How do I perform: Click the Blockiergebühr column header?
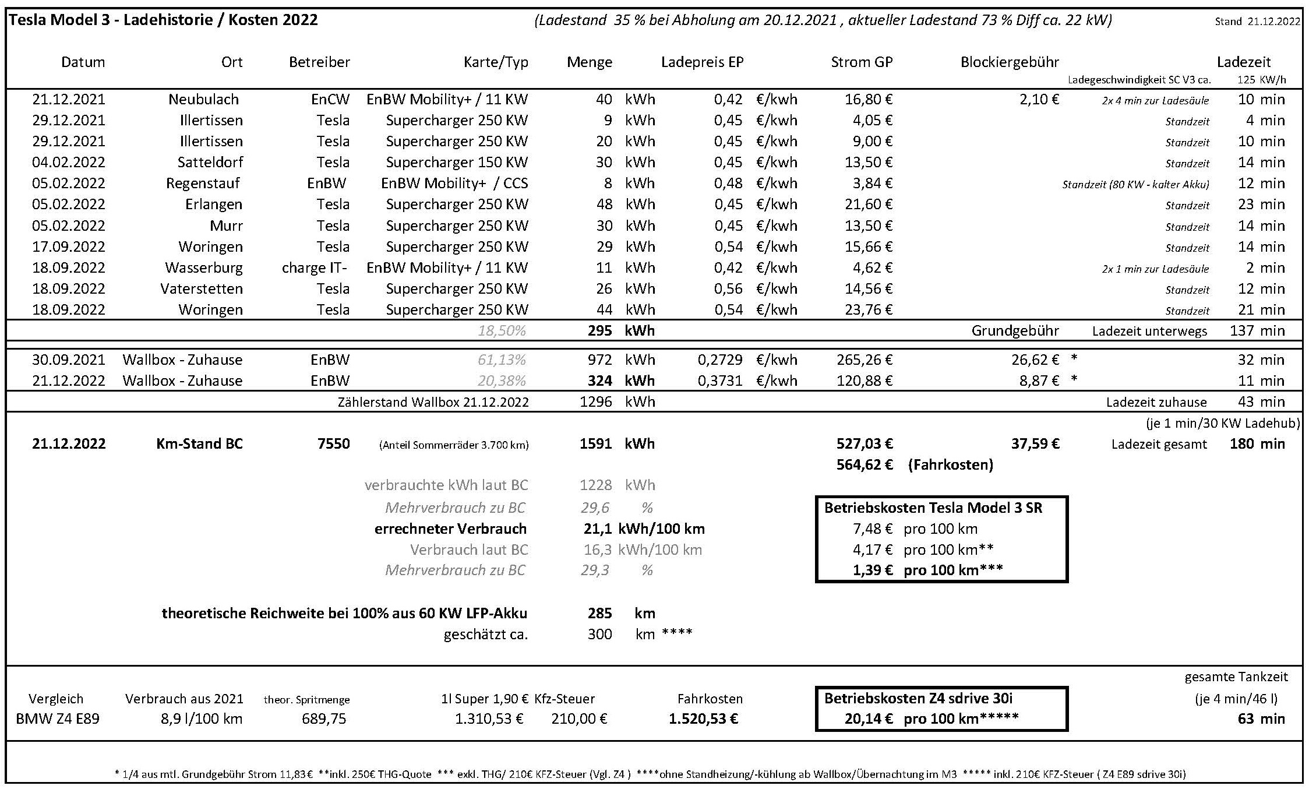[1009, 62]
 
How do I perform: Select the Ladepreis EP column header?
[702, 62]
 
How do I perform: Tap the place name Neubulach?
[203, 100]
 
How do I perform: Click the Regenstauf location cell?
[203, 184]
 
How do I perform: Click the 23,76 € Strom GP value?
[869, 310]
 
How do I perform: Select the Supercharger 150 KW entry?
[457, 163]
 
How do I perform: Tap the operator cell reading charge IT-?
[315, 268]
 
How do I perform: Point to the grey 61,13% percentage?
[502, 360]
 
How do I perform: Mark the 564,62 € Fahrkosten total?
[865, 465]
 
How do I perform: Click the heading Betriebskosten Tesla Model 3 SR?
[933, 508]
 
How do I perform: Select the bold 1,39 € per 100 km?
[873, 570]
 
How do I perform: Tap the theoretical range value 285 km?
[600, 614]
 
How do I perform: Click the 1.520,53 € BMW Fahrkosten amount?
[703, 719]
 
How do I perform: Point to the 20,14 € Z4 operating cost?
[869, 719]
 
